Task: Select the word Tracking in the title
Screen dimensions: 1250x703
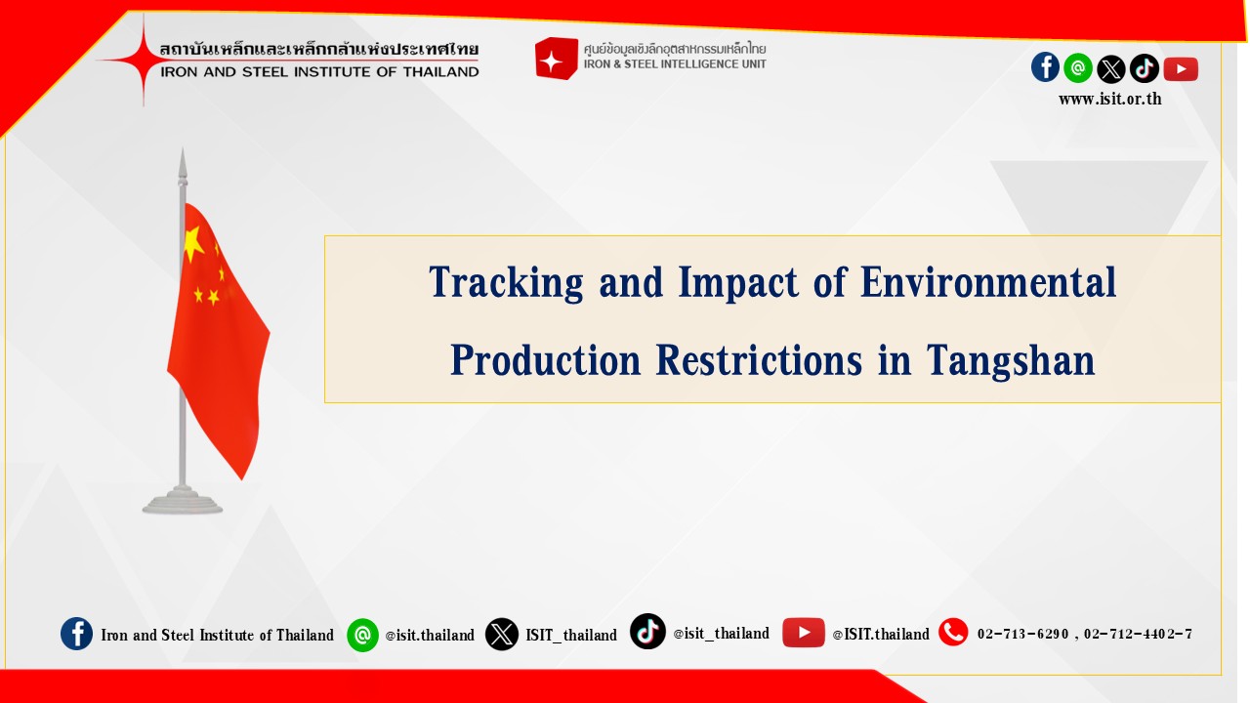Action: pos(506,283)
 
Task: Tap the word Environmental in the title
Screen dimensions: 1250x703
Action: pos(988,282)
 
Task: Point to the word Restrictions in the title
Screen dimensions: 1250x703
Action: pos(759,360)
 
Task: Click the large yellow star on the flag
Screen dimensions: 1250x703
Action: pos(193,244)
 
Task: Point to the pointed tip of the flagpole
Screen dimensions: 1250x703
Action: pos(183,148)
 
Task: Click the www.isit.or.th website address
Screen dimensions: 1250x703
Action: pos(1110,99)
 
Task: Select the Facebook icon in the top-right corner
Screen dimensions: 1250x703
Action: pos(1045,67)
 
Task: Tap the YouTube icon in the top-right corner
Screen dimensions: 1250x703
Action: pos(1181,69)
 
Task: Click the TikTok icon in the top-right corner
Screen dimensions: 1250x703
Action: pos(1145,68)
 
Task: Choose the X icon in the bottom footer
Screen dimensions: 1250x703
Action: pos(502,635)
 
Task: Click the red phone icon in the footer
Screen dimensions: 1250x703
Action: pos(953,632)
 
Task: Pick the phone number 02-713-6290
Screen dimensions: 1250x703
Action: pos(1022,635)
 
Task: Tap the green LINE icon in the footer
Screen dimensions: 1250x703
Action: pos(362,635)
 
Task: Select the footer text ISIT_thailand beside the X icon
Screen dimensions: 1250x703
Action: pos(571,635)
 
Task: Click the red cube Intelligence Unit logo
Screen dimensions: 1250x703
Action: pos(556,58)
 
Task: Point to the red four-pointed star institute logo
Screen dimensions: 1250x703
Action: pos(143,60)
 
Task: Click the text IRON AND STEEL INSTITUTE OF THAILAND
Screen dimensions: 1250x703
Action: pos(319,72)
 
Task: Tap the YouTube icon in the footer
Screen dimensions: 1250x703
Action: pos(804,633)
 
